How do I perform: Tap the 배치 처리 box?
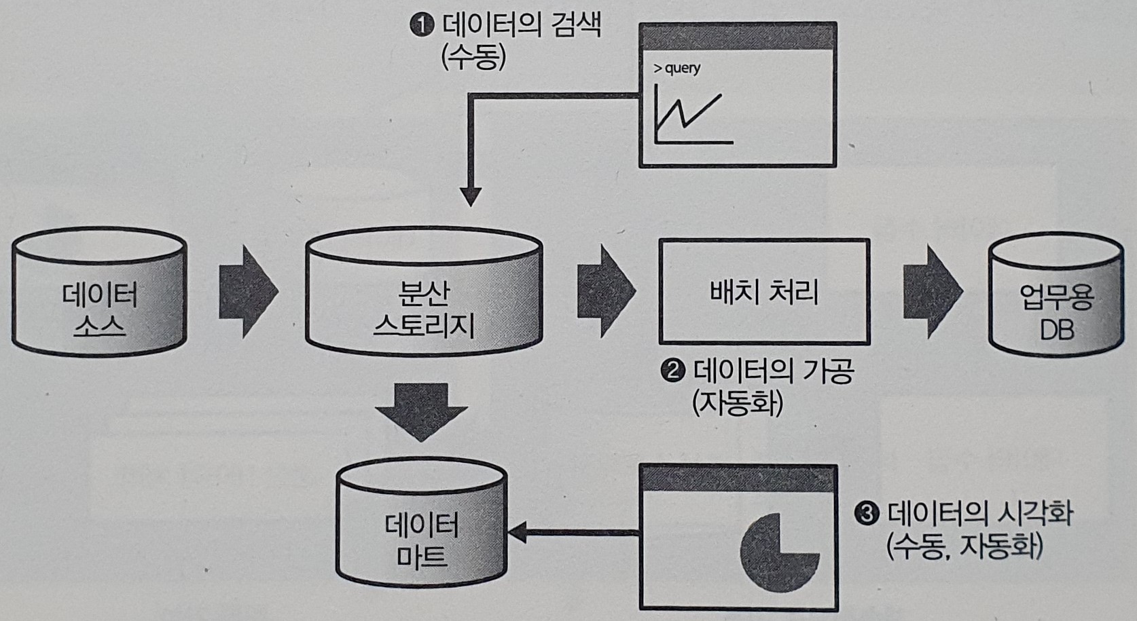(764, 292)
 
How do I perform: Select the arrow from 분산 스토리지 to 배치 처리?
(605, 292)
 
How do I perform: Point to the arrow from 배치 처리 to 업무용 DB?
(931, 292)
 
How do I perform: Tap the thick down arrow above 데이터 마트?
(422, 411)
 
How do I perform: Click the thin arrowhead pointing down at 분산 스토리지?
(470, 196)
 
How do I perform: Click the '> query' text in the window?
(676, 68)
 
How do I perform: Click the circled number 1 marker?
(422, 26)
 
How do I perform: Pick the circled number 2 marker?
(672, 371)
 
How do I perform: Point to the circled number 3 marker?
(867, 514)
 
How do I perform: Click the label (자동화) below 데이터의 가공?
(738, 404)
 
